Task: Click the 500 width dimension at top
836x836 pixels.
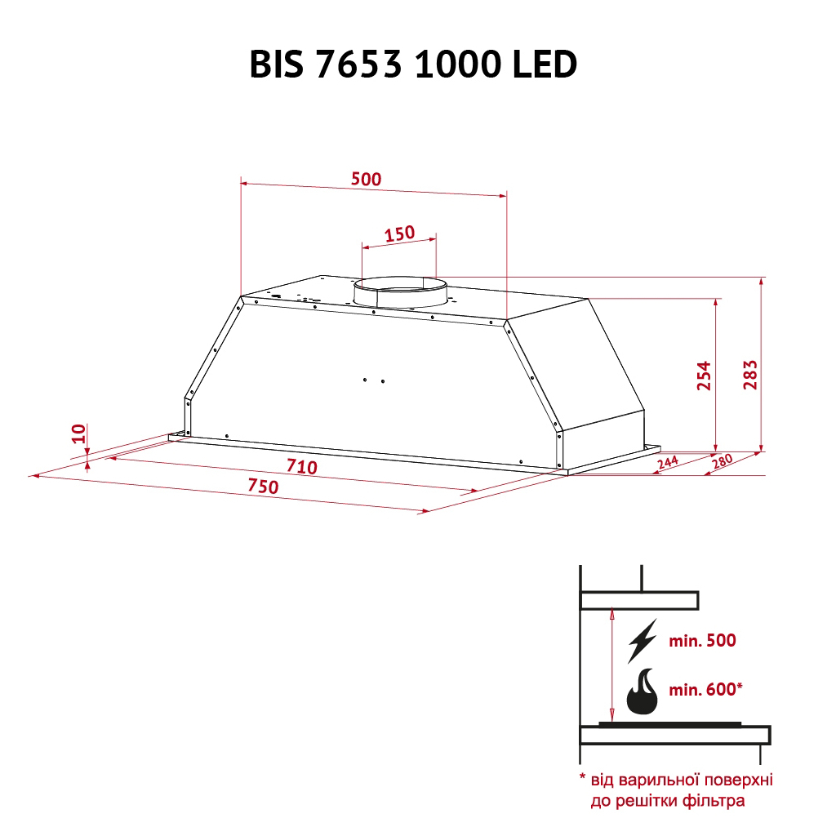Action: [x=365, y=179]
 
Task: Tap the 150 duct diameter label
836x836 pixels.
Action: [x=399, y=234]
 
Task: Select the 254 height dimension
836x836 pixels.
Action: [x=704, y=376]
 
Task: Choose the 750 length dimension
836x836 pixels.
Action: [x=263, y=487]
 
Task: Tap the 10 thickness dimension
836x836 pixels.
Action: [x=78, y=434]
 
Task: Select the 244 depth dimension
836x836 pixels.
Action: [x=667, y=463]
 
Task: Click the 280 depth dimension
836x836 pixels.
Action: [x=723, y=460]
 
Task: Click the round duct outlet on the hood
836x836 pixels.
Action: [x=400, y=294]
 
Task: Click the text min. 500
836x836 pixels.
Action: [x=702, y=641]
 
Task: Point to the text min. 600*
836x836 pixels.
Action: [x=705, y=690]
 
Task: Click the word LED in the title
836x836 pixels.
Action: [x=545, y=65]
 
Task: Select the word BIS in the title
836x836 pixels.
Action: [x=278, y=65]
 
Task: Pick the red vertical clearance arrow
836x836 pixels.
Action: [x=611, y=665]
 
